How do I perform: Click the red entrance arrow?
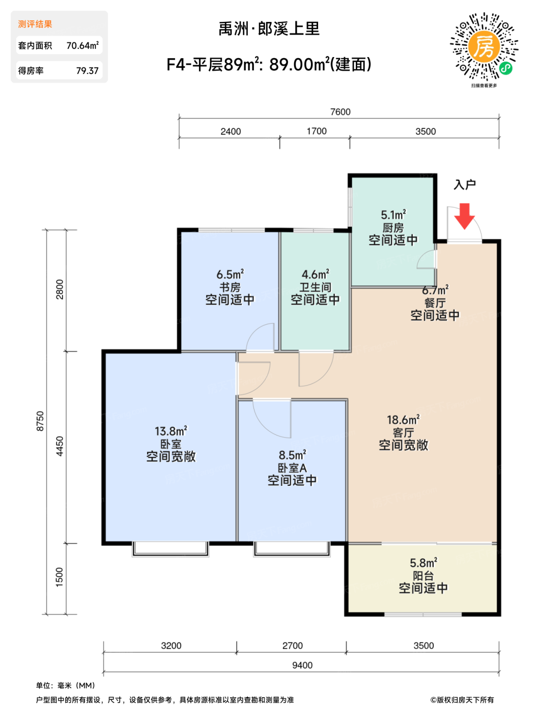point(464,216)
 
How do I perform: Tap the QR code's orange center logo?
point(484,46)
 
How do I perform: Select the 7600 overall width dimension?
point(340,112)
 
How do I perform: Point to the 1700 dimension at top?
point(317,131)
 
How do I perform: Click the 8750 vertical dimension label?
point(40,421)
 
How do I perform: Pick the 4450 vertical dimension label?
point(60,446)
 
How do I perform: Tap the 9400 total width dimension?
point(302,665)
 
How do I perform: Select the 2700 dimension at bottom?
point(292,645)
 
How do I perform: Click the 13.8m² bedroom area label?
point(171,431)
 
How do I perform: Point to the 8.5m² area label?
point(292,455)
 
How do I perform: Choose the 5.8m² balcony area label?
point(423,562)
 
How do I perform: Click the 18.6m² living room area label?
point(403,420)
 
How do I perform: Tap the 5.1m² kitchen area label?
point(393,215)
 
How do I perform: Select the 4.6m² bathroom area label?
point(315,274)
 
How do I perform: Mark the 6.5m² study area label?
point(230,274)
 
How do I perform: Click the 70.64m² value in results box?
point(82,45)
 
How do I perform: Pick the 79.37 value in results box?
point(87,70)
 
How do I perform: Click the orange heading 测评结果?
point(35,24)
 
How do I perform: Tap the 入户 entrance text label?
point(465,184)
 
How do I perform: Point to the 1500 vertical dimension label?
point(60,577)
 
